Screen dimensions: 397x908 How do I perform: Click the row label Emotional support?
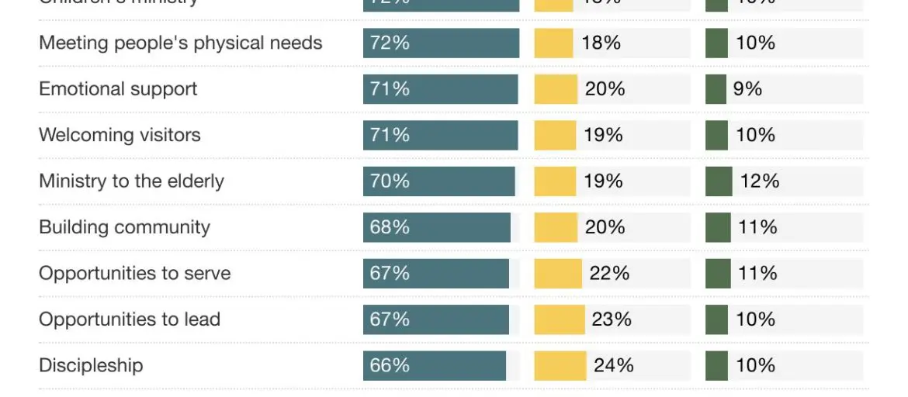(118, 89)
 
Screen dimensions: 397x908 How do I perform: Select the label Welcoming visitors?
(120, 135)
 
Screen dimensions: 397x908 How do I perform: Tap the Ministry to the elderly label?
(131, 181)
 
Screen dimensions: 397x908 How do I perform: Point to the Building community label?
(124, 227)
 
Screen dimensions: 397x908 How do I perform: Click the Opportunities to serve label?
(134, 274)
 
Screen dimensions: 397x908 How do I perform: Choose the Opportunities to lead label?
(130, 319)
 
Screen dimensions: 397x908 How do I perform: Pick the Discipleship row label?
(91, 366)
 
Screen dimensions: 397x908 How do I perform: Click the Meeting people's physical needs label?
(180, 43)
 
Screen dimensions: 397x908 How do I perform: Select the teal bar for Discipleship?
(435, 366)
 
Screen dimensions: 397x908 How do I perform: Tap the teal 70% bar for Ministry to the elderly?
(439, 181)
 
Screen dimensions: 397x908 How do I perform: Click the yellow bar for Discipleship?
(560, 366)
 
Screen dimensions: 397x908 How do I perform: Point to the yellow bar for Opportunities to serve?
(557, 274)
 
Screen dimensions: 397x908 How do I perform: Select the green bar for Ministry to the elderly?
(718, 181)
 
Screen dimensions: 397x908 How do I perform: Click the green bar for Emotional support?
(715, 89)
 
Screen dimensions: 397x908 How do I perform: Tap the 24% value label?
(613, 366)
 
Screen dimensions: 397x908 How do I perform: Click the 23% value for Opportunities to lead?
(612, 319)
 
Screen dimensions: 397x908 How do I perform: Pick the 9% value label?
(747, 89)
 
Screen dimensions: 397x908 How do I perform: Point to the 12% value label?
(760, 181)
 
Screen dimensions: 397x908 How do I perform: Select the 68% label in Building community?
(390, 227)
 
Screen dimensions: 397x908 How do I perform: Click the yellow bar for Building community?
(556, 227)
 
